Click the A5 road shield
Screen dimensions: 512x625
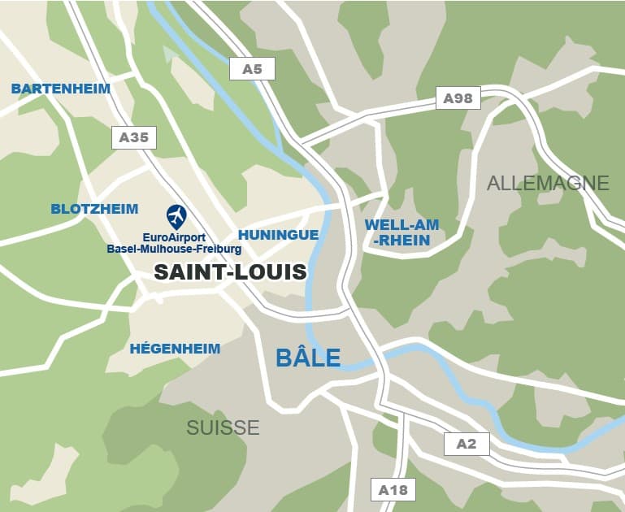coord(253,69)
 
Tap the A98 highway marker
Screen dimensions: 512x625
coord(458,98)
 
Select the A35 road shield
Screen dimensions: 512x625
coord(134,137)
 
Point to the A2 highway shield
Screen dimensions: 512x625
coord(467,444)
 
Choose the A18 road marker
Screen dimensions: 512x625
coord(393,490)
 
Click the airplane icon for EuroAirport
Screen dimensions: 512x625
coord(176,216)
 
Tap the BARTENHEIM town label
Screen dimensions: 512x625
coord(61,88)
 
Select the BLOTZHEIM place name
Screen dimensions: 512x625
coord(94,209)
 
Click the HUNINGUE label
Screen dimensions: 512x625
coord(278,235)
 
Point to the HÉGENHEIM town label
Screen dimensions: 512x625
coord(175,349)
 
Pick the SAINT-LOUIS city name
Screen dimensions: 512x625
coord(231,272)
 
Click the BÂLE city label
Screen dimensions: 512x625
coord(308,358)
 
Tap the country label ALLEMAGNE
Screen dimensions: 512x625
coord(548,183)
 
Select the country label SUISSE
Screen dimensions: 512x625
coord(223,427)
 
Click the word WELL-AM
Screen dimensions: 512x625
coord(401,224)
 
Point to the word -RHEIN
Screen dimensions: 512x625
coord(401,240)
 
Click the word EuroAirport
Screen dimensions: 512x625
coord(174,237)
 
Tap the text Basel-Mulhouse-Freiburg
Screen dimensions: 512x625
coord(174,249)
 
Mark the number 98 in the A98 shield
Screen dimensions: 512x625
coord(463,98)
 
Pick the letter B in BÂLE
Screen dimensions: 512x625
coord(284,358)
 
